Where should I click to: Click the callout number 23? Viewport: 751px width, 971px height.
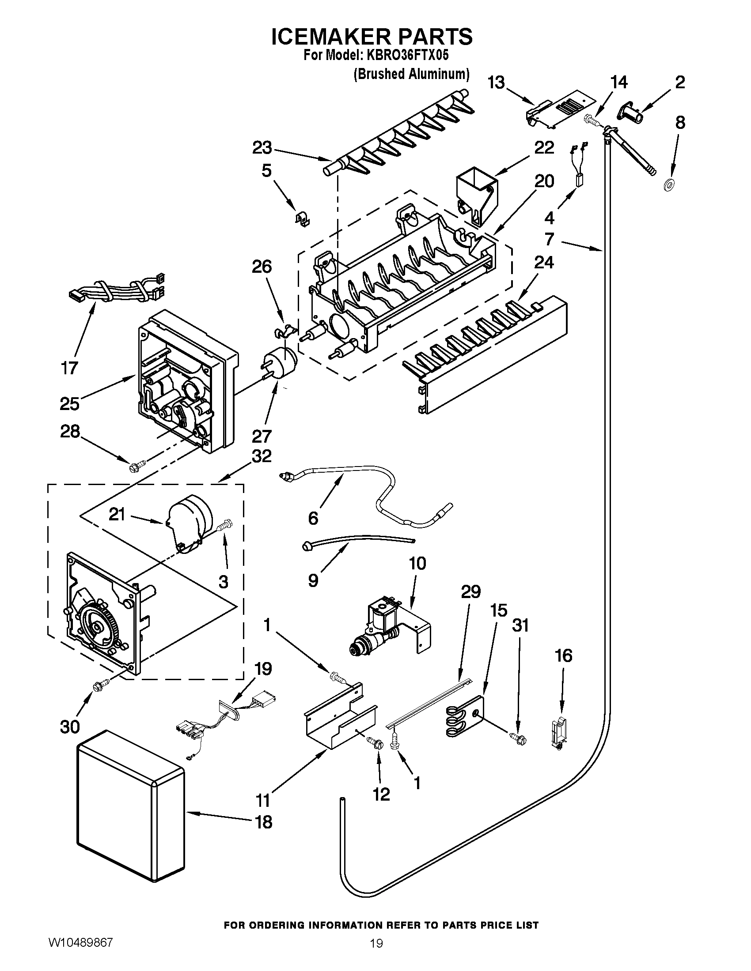click(x=262, y=148)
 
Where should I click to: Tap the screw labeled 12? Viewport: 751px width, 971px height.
click(x=375, y=742)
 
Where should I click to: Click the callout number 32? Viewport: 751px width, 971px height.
click(x=262, y=455)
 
